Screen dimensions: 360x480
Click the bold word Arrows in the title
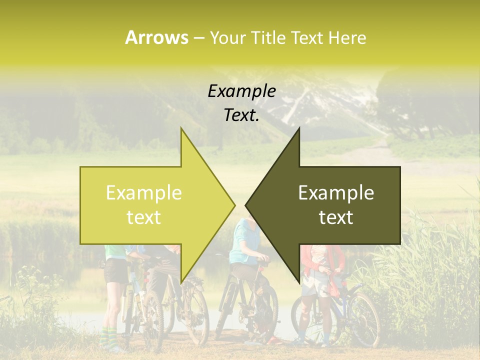[156, 37]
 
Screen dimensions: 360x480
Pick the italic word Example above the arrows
[241, 91]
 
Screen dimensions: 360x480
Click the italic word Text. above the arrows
[241, 115]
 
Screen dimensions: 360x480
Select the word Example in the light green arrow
[144, 192]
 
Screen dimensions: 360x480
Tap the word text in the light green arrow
[144, 217]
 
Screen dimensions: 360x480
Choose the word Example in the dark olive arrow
[336, 192]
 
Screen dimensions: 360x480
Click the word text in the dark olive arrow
[336, 217]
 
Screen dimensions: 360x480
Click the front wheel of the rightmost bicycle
[363, 320]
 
